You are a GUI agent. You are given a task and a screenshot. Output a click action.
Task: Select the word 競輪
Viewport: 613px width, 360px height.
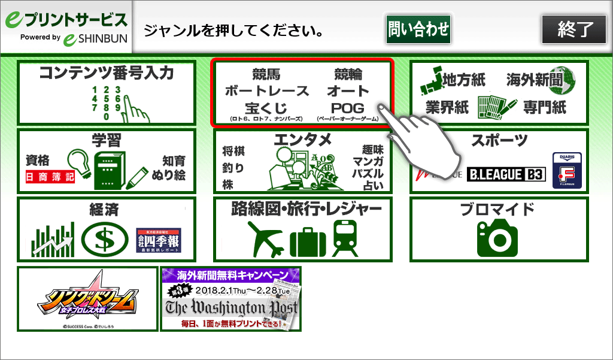coord(348,75)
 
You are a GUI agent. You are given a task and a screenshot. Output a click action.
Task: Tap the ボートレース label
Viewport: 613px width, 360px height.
coord(267,92)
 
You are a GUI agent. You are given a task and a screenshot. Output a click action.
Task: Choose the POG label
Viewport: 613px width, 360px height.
coord(348,108)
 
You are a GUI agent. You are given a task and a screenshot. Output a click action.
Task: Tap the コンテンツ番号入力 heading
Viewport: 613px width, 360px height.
coord(107,74)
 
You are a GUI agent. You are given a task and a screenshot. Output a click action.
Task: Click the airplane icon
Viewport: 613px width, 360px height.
coord(264,239)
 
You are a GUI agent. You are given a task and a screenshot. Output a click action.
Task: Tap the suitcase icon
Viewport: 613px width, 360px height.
coord(306,241)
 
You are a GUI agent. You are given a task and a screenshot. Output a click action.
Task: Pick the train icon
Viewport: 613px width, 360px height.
coord(345,238)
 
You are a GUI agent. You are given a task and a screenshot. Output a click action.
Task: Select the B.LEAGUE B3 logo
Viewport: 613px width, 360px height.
coord(506,174)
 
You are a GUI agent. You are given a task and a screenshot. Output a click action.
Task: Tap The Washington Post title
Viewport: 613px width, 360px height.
coord(230,308)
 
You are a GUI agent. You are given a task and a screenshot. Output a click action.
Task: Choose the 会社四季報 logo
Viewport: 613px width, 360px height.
coord(158,239)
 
